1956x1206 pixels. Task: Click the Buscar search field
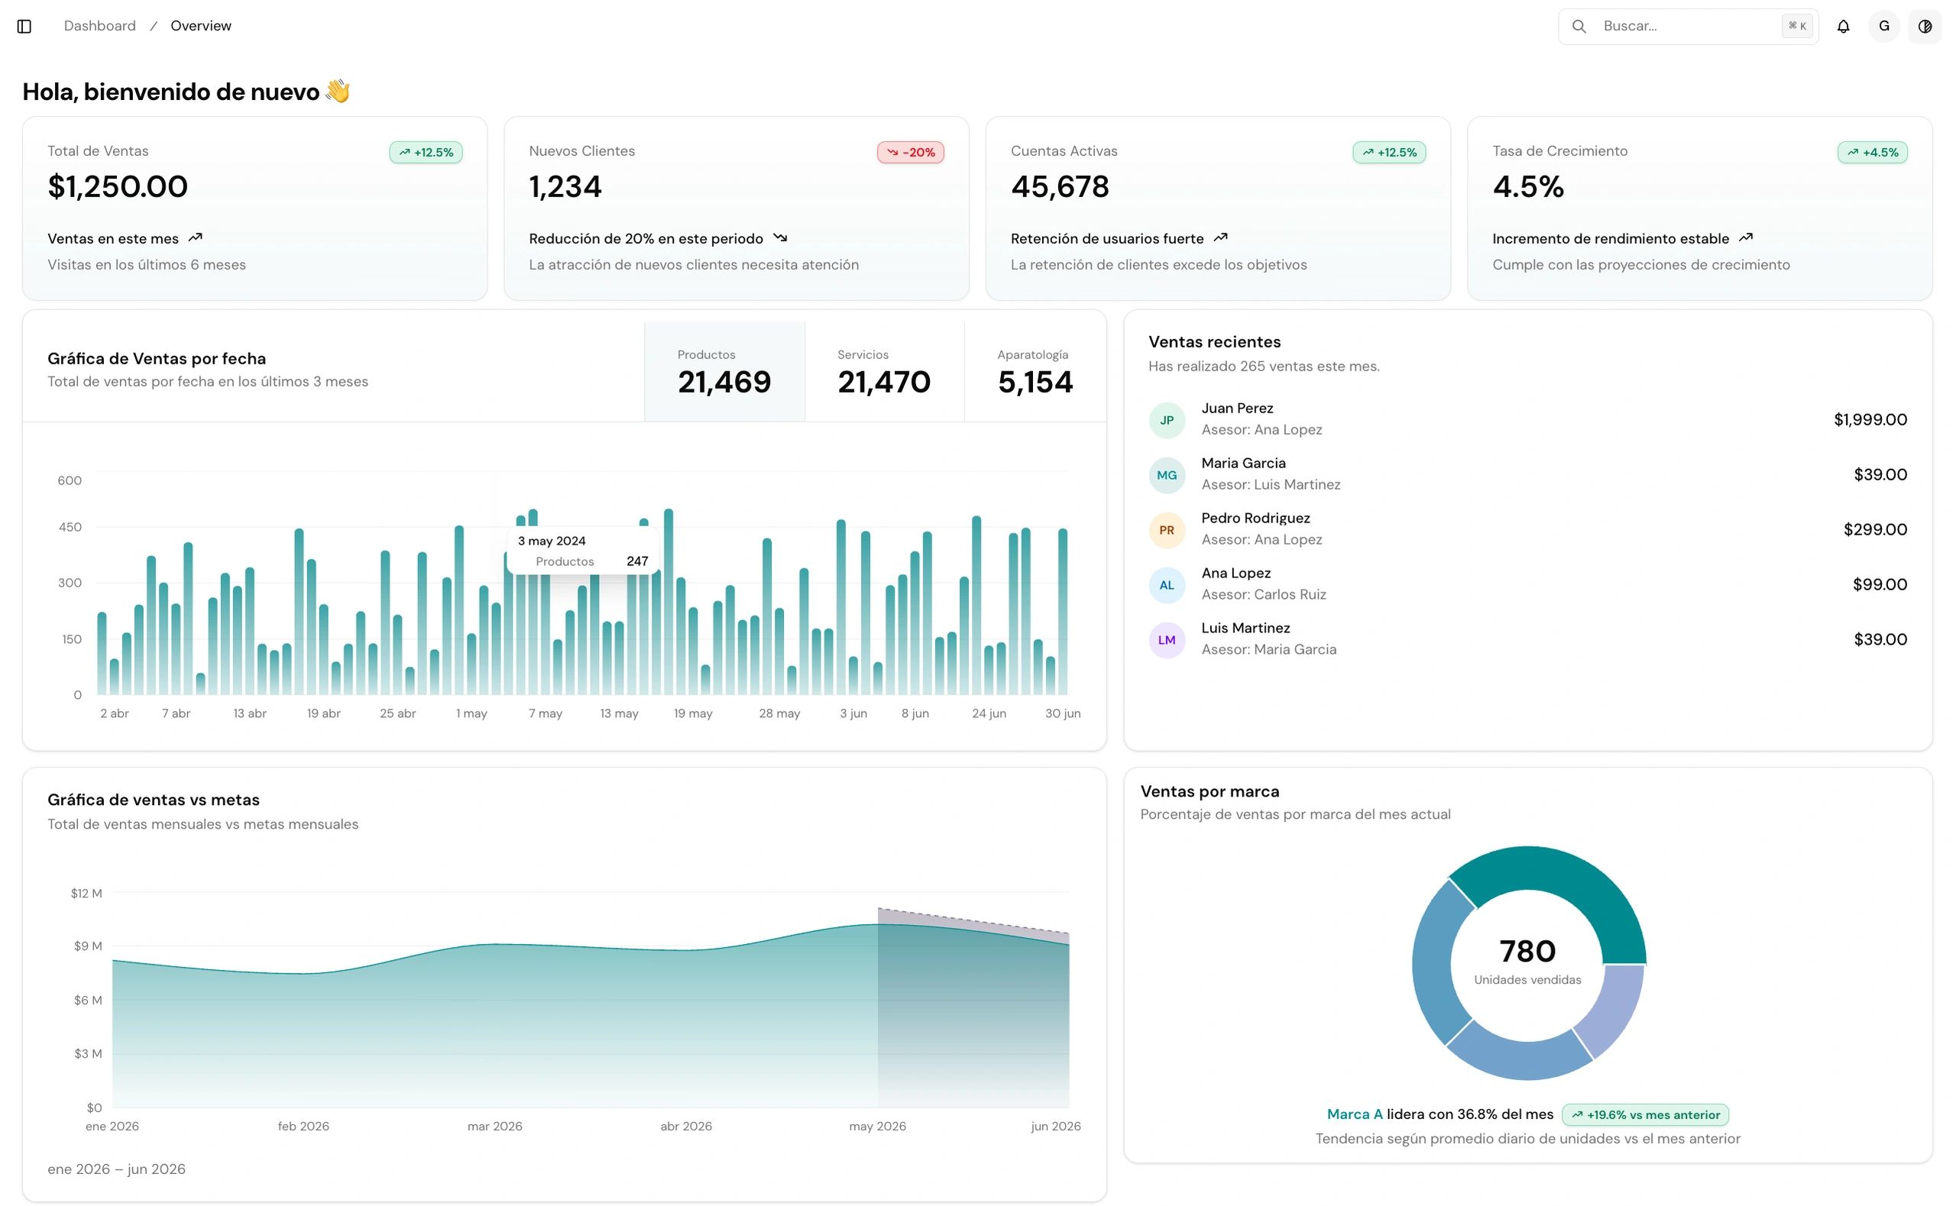pyautogui.click(x=1687, y=26)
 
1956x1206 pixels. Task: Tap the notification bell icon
pyautogui.click(x=1843, y=26)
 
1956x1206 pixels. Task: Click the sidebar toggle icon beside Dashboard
pyautogui.click(x=24, y=26)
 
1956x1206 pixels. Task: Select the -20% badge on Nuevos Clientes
pyautogui.click(x=910, y=152)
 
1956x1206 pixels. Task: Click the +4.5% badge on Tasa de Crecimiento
pyautogui.click(x=1871, y=152)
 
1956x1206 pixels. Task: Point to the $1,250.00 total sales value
pyautogui.click(x=118, y=186)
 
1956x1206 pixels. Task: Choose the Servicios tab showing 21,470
pyautogui.click(x=884, y=372)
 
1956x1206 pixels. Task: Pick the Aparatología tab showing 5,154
pyautogui.click(x=1035, y=372)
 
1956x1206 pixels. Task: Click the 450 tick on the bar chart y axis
pyautogui.click(x=70, y=527)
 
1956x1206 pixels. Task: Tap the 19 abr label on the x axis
pyautogui.click(x=324, y=713)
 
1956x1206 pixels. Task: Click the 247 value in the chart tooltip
pyautogui.click(x=637, y=561)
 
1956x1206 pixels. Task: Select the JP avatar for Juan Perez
pyautogui.click(x=1166, y=420)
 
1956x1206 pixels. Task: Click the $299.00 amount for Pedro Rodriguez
pyautogui.click(x=1875, y=529)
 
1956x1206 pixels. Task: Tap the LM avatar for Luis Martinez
pyautogui.click(x=1166, y=640)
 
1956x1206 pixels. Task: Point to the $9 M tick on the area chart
pyautogui.click(x=88, y=946)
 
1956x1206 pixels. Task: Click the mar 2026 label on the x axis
pyautogui.click(x=494, y=1127)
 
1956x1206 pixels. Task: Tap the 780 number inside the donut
pyautogui.click(x=1527, y=952)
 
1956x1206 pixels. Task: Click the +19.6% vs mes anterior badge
pyautogui.click(x=1645, y=1114)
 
